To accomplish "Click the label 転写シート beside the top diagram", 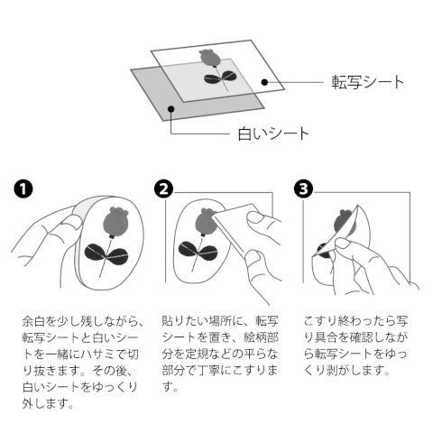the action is (367, 82).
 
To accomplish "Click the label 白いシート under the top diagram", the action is (273, 134).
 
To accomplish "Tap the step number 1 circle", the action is (23, 189).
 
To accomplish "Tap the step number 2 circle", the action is (163, 189).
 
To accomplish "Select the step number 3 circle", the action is (303, 189).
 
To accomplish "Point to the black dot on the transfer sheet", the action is (264, 82).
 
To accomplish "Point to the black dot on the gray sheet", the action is (171, 108).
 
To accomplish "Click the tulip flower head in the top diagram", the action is (209, 58).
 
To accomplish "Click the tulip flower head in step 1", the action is (115, 222).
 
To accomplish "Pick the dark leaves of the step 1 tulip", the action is (106, 253).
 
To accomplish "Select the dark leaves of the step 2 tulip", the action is (198, 250).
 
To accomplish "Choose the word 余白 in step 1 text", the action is (33, 321).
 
